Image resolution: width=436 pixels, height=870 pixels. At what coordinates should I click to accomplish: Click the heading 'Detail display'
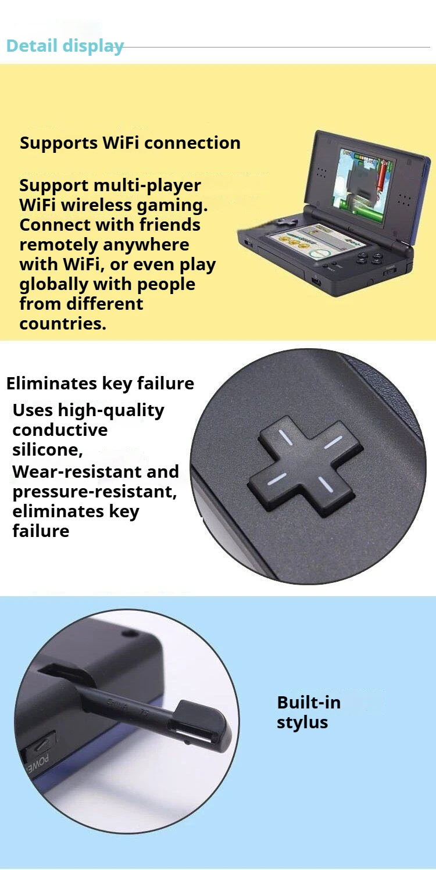click(65, 46)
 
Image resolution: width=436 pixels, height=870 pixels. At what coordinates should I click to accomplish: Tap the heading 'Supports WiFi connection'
click(130, 142)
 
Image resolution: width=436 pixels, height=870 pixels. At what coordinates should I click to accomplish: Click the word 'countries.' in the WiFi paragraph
click(63, 324)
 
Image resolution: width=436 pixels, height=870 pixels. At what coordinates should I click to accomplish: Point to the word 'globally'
click(54, 285)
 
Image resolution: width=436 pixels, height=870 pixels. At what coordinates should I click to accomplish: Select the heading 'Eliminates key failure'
click(100, 384)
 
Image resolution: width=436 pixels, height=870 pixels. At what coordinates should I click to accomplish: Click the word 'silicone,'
click(48, 450)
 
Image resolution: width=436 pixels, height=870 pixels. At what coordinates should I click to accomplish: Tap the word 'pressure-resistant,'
click(95, 492)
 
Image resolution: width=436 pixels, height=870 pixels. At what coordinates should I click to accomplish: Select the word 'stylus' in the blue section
click(302, 722)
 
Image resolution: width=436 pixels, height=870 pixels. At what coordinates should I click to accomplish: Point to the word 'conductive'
click(60, 430)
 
